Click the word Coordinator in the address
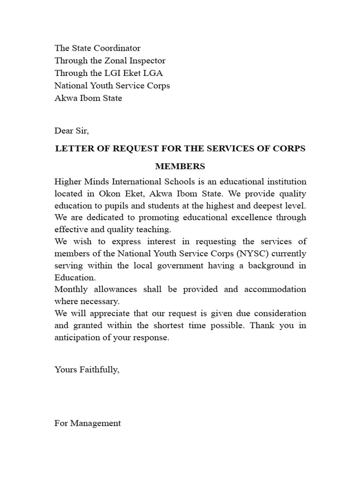117,48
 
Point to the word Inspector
148,61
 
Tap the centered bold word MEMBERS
180,166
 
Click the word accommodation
277,289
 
